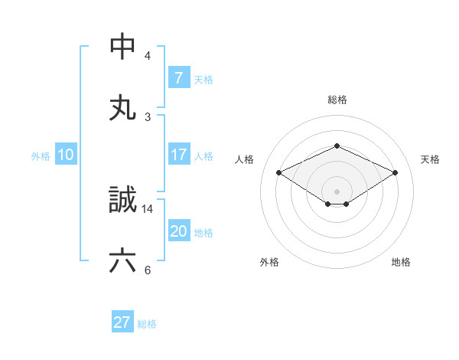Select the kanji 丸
[x=123, y=107]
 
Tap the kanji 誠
[x=123, y=200]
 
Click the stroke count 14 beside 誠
[x=148, y=208]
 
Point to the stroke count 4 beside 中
[x=148, y=56]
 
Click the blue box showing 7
[x=178, y=77]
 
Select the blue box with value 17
[x=178, y=155]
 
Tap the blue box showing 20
[x=178, y=231]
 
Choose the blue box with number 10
[x=66, y=155]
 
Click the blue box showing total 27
[x=122, y=322]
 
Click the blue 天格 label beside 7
[x=203, y=79]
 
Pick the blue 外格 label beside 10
[x=41, y=155]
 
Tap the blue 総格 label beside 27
[x=147, y=324]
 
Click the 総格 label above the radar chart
[x=337, y=100]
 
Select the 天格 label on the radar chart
[x=431, y=159]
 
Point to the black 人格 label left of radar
[x=245, y=159]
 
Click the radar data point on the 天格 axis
[x=395, y=173]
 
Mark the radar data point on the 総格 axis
[x=337, y=146]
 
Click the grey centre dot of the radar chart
[x=337, y=191]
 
